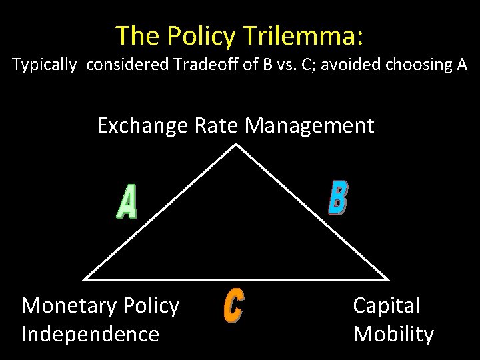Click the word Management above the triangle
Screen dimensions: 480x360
(310, 125)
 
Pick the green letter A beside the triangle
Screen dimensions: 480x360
(127, 202)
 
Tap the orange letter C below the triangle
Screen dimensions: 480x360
(233, 308)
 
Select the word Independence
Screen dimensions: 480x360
(90, 334)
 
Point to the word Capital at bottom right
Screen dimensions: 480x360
(386, 306)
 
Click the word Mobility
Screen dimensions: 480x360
(393, 334)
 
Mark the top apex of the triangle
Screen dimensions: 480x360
(237, 144)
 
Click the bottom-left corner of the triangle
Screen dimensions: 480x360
(85, 279)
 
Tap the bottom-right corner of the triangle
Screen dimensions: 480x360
(388, 279)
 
